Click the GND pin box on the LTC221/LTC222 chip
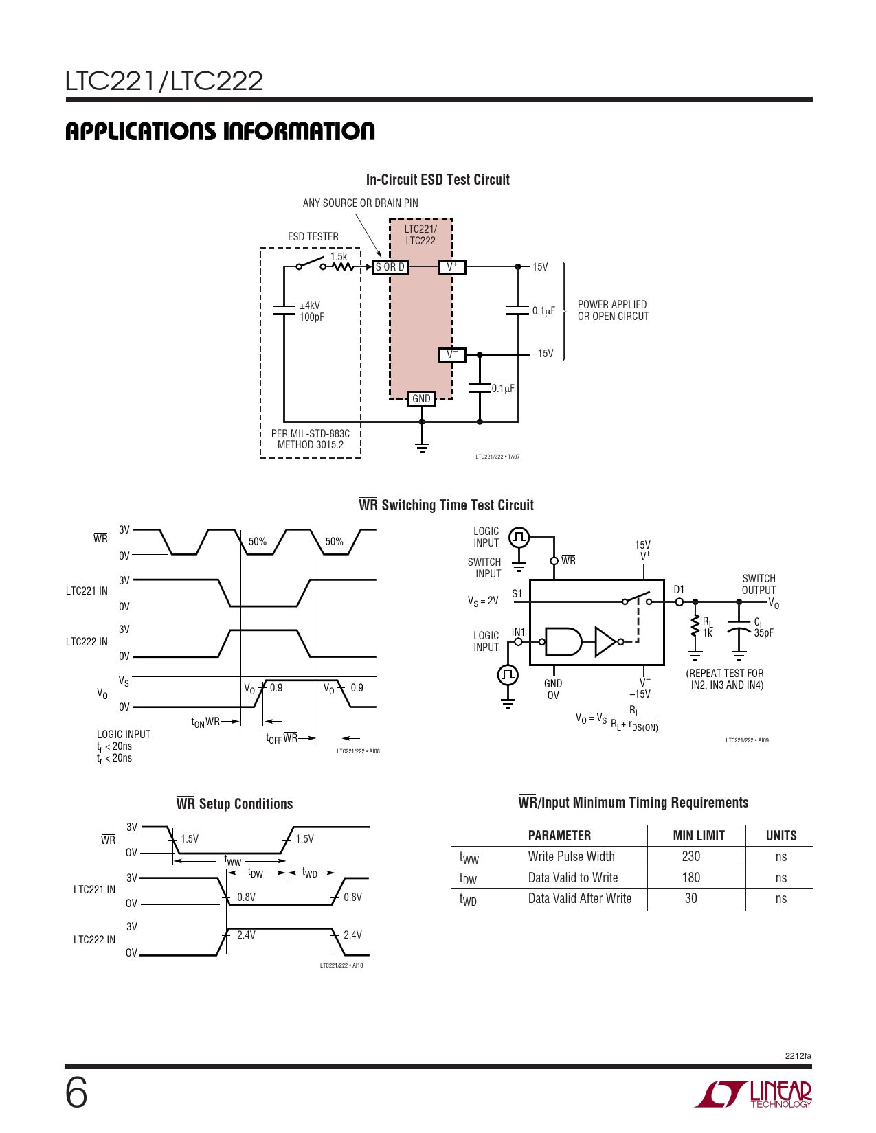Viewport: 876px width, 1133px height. [x=421, y=399]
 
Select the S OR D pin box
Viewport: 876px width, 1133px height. [x=390, y=267]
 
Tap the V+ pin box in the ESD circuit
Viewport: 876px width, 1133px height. [x=452, y=267]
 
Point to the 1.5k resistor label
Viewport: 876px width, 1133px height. [x=339, y=257]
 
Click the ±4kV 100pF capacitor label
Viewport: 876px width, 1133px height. [x=311, y=311]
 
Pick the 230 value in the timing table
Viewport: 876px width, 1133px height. [x=691, y=856]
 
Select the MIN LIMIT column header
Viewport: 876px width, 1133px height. [x=699, y=836]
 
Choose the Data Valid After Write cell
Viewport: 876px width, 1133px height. [x=579, y=898]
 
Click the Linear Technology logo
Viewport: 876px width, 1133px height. [x=754, y=1094]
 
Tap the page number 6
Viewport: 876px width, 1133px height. [x=76, y=1092]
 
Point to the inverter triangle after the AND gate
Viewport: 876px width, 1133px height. [x=606, y=642]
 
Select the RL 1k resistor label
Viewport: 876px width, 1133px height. [x=708, y=627]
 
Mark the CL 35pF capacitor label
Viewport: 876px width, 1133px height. [x=763, y=628]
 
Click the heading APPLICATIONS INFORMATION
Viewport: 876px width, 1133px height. [x=220, y=131]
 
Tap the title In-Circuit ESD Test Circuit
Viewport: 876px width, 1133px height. [x=438, y=180]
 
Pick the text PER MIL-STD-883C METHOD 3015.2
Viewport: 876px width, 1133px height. [x=311, y=439]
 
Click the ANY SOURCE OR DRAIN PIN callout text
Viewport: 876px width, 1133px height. [x=360, y=203]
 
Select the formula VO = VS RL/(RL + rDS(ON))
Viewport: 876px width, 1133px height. [x=616, y=718]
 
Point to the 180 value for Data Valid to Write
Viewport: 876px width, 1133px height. [x=691, y=878]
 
